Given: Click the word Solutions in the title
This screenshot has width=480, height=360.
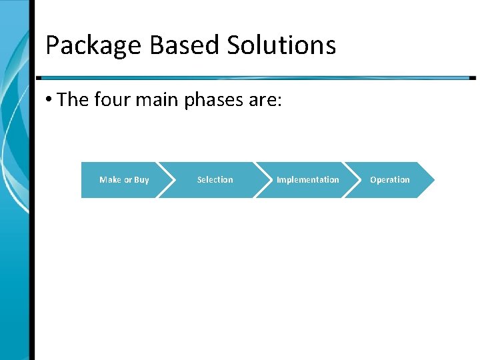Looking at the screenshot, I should tap(281, 45).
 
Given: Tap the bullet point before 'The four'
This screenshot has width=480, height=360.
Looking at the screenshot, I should tap(49, 100).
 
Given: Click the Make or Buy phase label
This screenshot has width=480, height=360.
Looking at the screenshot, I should tap(124, 180).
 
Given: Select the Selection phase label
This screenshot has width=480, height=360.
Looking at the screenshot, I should tap(215, 180).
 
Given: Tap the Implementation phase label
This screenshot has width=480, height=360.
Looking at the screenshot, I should tap(307, 180).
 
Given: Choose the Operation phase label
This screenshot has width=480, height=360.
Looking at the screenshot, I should tap(390, 180).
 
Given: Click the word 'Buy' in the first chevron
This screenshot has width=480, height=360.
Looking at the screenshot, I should tap(141, 180).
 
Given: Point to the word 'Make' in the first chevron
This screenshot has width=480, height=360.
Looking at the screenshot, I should tap(110, 180).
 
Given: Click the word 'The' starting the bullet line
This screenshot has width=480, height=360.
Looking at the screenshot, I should tap(73, 100).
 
